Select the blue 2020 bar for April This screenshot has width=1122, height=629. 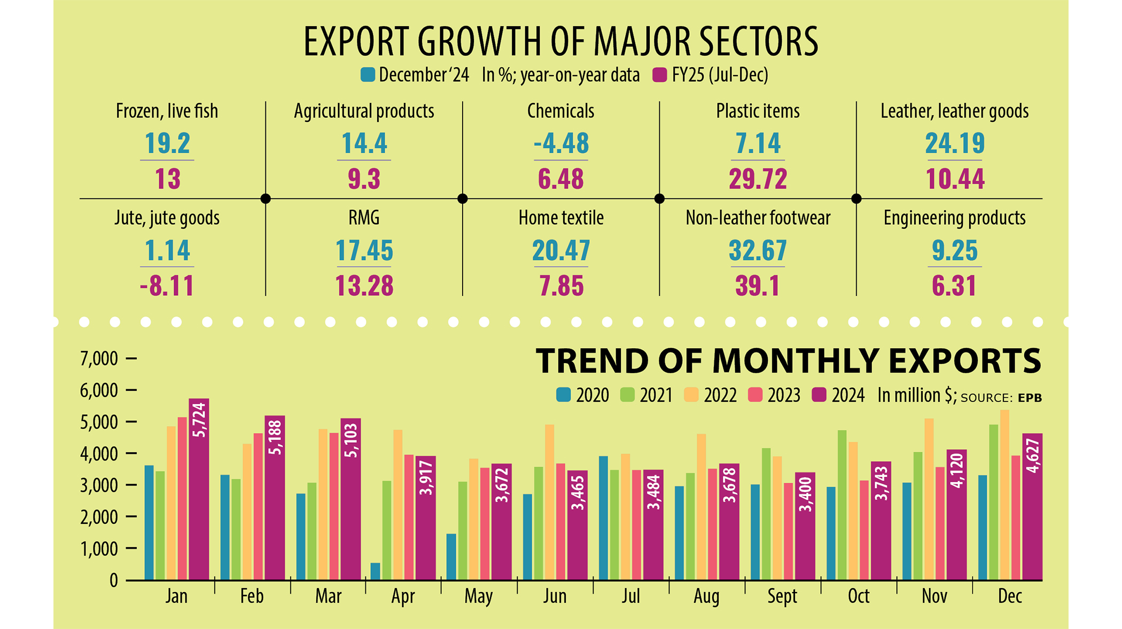(375, 571)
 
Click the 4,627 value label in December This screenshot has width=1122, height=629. (1033, 455)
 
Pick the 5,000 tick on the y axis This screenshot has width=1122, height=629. (99, 422)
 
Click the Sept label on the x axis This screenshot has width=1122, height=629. (782, 596)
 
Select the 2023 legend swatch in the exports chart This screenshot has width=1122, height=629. (755, 395)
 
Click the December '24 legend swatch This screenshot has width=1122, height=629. (368, 75)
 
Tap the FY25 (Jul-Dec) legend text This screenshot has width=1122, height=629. (720, 75)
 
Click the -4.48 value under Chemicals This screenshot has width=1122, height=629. (561, 143)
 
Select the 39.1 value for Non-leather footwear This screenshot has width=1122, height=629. (757, 286)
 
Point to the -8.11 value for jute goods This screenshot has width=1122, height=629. (167, 286)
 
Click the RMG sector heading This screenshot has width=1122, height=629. (364, 218)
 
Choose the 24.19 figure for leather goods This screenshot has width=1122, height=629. (954, 143)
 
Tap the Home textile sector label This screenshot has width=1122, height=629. (561, 218)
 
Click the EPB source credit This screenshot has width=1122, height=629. (1030, 398)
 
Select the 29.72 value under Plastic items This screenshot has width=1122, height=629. (758, 179)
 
